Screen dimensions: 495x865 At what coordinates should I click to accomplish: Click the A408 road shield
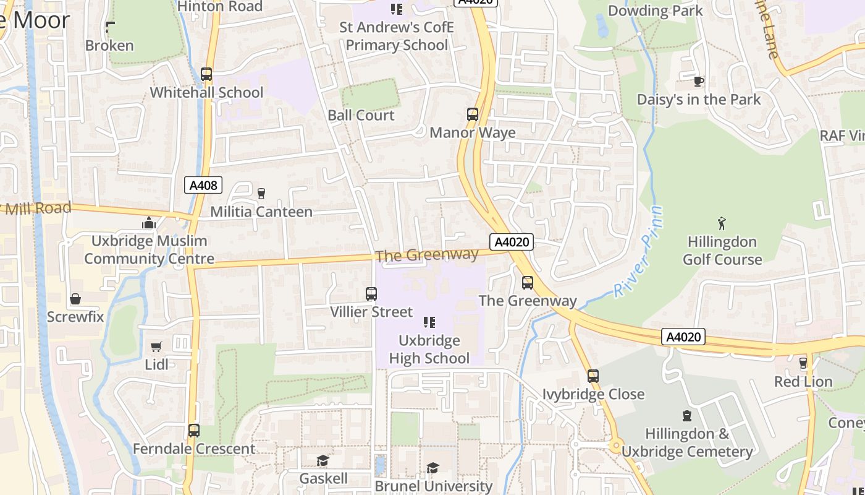[x=203, y=185]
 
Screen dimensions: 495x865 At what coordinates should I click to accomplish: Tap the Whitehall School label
[x=207, y=93]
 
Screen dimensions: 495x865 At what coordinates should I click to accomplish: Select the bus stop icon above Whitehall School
[x=206, y=74]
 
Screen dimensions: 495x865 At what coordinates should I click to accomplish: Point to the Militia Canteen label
[x=261, y=212]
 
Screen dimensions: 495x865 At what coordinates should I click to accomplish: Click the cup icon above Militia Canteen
[x=261, y=193]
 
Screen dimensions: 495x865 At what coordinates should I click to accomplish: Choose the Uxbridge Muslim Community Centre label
[x=149, y=250]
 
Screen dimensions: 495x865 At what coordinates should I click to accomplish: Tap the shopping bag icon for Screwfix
[x=75, y=299]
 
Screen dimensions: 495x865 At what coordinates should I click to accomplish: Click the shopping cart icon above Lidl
[x=156, y=346]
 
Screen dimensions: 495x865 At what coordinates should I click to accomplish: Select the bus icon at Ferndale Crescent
[x=194, y=430]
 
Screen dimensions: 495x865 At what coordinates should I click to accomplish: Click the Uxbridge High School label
[x=429, y=350]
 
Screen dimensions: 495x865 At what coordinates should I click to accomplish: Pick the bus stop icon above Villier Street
[x=371, y=294]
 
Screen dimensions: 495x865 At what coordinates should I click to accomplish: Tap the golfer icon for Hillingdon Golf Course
[x=722, y=223]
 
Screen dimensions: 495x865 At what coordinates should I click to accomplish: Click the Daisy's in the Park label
[x=699, y=100]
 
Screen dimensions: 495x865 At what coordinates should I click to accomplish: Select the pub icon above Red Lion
[x=803, y=363]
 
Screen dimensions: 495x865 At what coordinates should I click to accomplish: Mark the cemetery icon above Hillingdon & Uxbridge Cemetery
[x=687, y=416]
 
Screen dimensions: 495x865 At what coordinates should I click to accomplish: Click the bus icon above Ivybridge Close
[x=593, y=376]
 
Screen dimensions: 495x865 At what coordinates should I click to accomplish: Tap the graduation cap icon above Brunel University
[x=433, y=468]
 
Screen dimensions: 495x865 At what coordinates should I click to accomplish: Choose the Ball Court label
[x=361, y=116]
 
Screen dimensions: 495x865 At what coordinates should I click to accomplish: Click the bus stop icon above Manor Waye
[x=473, y=114]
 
